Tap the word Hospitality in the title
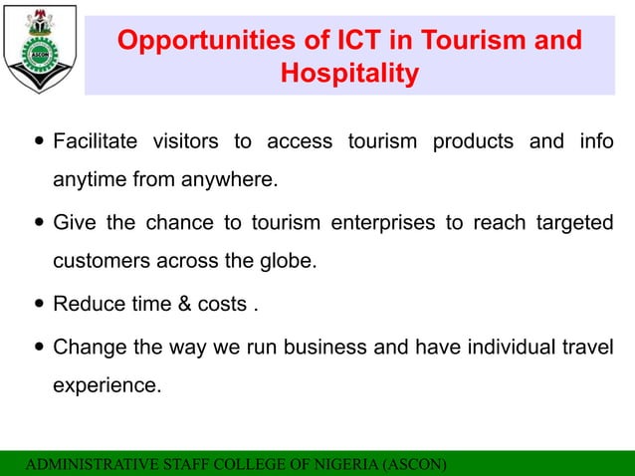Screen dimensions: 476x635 click(x=349, y=74)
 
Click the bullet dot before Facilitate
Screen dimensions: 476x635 click(x=38, y=141)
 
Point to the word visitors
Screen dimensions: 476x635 click(x=185, y=141)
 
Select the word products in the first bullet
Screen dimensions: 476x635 click(x=473, y=141)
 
